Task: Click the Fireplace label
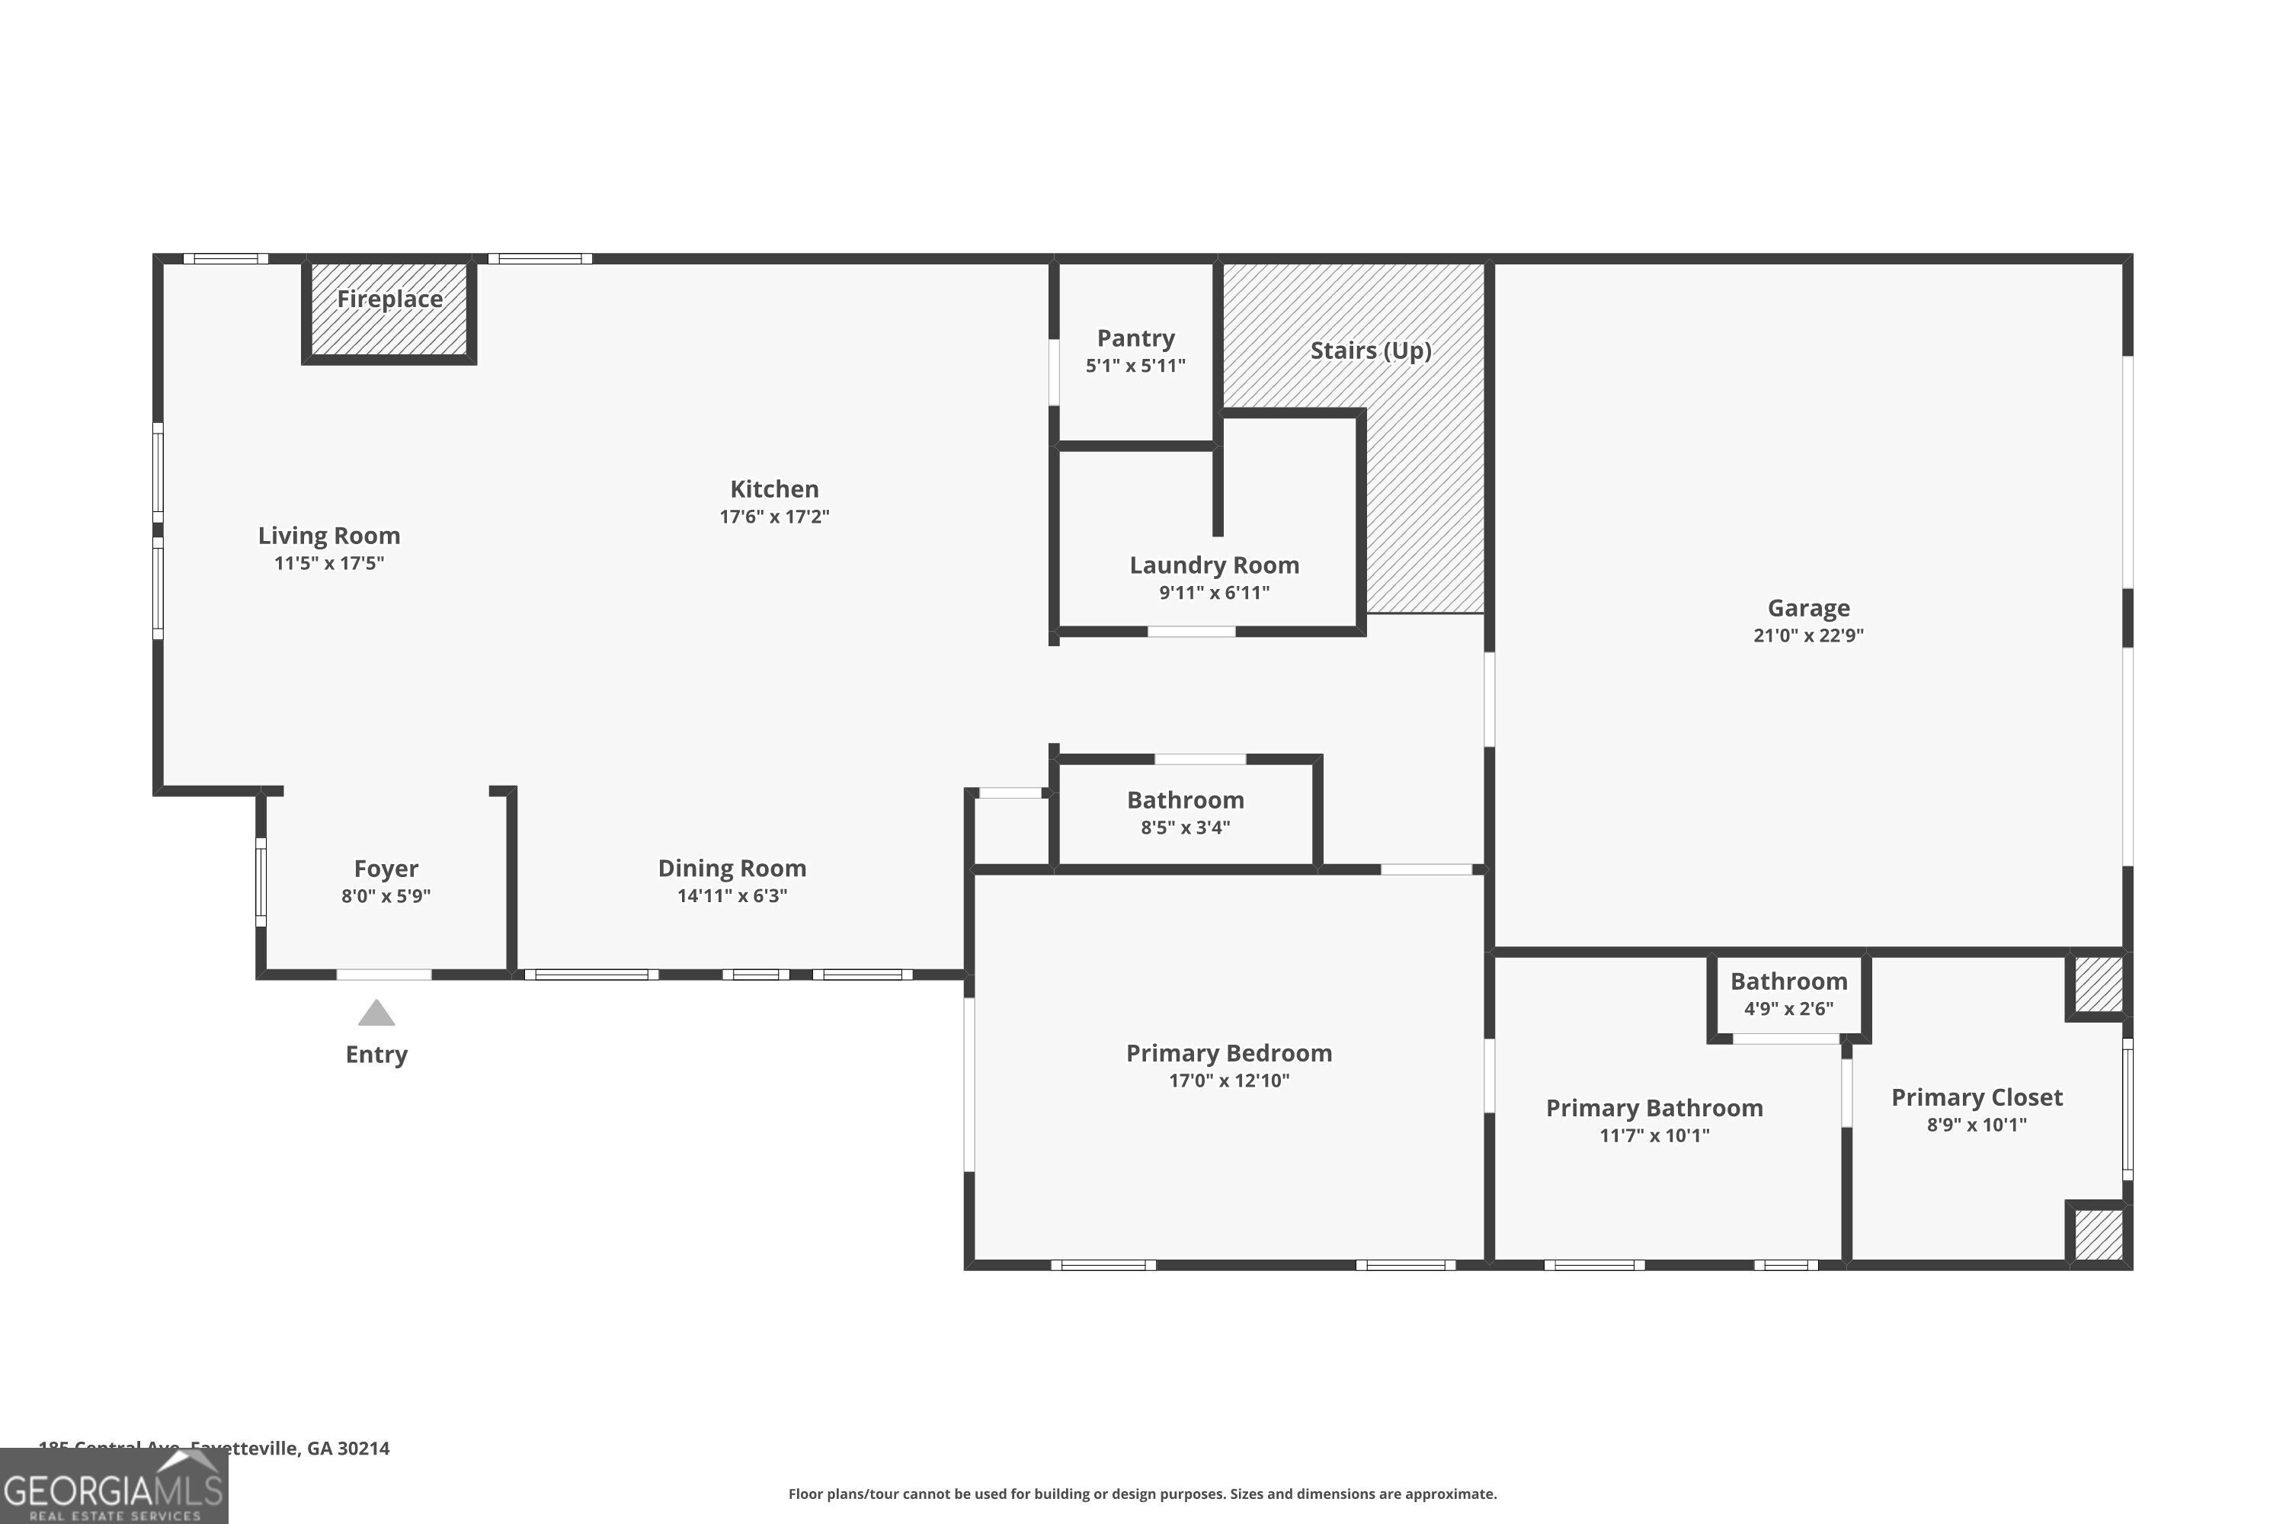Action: pos(389,299)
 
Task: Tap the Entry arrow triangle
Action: pos(376,1013)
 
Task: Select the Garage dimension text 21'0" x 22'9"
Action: pos(1807,636)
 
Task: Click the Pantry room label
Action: pos(1135,338)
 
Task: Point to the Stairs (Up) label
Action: pos(1370,351)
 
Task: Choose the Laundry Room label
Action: pos(1214,565)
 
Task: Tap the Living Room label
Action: pos(328,536)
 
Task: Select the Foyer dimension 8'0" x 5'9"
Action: pos(386,896)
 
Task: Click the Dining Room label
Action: pos(732,869)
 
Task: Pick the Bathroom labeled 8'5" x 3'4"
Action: pos(1185,801)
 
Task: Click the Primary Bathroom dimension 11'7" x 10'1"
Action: pos(1654,1135)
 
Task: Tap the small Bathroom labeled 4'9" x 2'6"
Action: pos(1788,981)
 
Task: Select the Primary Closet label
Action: pos(1976,1098)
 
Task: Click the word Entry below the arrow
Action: pos(376,1055)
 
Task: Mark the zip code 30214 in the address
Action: pos(363,1449)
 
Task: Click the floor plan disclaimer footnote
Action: pos(1142,1494)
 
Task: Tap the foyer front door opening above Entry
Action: pos(384,974)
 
